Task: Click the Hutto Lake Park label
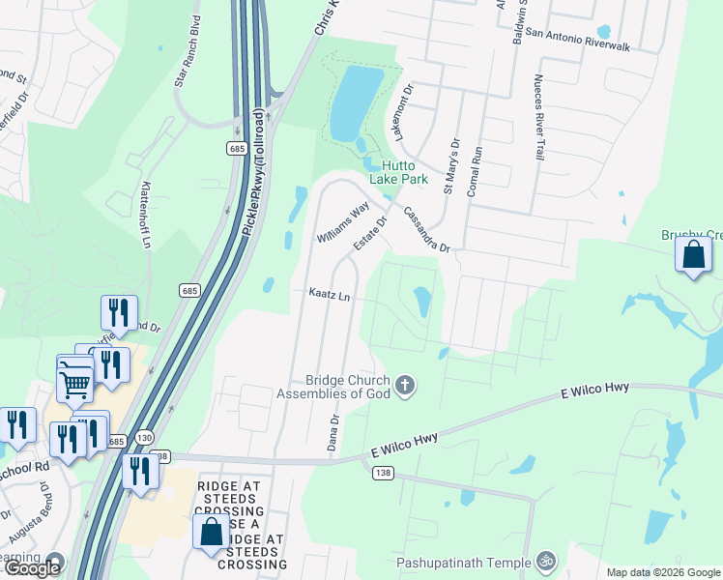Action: (397, 172)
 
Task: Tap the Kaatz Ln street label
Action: (328, 293)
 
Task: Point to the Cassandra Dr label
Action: (427, 230)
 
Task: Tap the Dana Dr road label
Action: (333, 433)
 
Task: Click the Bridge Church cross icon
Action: (405, 387)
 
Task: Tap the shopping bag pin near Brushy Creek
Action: (694, 255)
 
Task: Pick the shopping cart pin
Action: (75, 382)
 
